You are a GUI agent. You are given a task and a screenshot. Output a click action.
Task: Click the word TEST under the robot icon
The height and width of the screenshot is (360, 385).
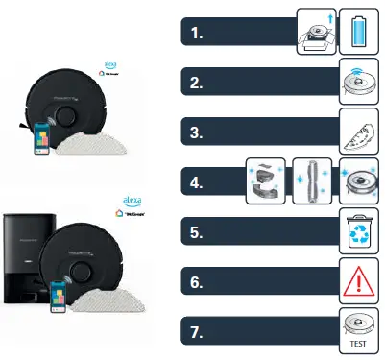356,343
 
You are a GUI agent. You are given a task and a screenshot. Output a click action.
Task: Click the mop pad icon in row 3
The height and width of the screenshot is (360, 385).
356,132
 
